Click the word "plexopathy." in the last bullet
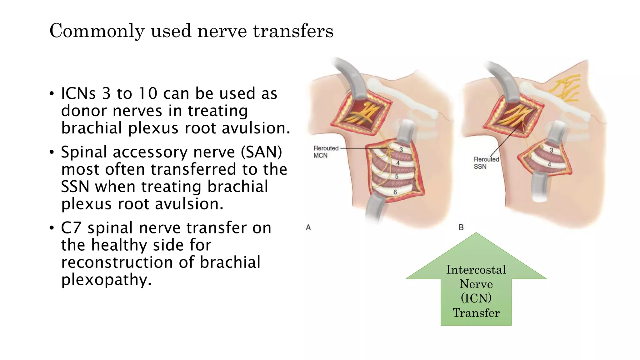click(106, 279)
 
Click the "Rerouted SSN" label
click(486, 163)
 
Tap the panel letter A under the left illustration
click(308, 228)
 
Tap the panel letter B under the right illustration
click(461, 228)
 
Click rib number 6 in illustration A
click(395, 192)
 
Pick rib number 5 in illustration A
click(397, 176)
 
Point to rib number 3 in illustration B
click(551, 150)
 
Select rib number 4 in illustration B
click(549, 164)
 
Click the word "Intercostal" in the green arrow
click(476, 270)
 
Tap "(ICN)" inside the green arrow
click(476, 298)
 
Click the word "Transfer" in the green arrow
click(476, 313)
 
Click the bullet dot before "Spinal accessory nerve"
click(52, 152)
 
